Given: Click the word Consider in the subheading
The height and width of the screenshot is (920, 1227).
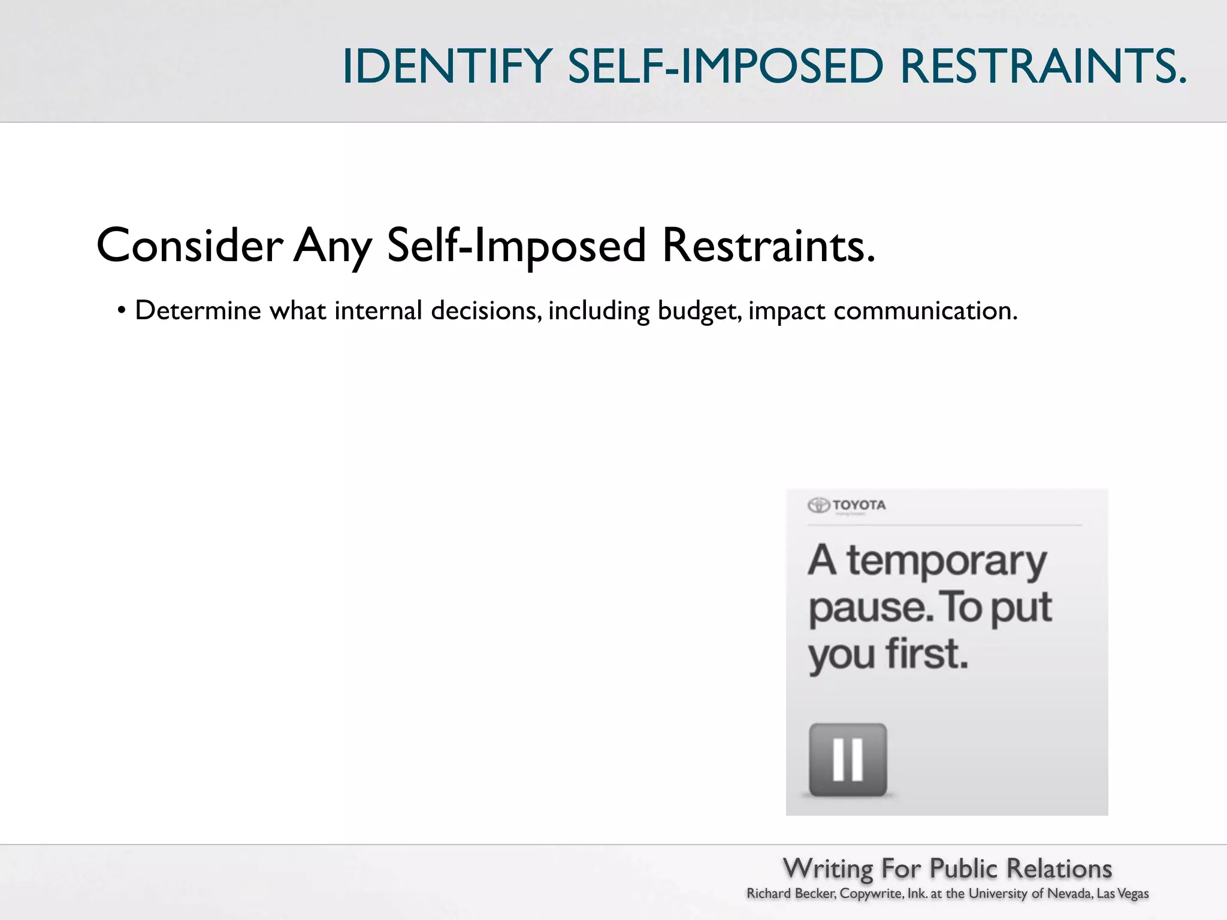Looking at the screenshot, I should [x=190, y=246].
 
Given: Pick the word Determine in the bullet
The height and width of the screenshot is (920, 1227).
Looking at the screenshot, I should [x=198, y=311].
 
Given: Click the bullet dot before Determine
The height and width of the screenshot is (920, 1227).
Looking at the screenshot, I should [x=122, y=311].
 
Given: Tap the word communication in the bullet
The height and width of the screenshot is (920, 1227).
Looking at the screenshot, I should [x=925, y=311].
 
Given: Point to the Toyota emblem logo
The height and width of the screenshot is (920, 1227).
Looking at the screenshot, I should [x=818, y=505].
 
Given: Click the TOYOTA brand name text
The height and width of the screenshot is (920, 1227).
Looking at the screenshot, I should [x=859, y=505].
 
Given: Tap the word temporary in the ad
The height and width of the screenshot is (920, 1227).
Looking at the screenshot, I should [x=947, y=562].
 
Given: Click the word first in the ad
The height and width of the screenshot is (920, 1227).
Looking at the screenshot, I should [x=927, y=653].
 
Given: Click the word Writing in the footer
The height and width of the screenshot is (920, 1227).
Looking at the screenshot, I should [x=828, y=868].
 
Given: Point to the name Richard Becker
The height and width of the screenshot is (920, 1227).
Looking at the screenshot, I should [x=791, y=894].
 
